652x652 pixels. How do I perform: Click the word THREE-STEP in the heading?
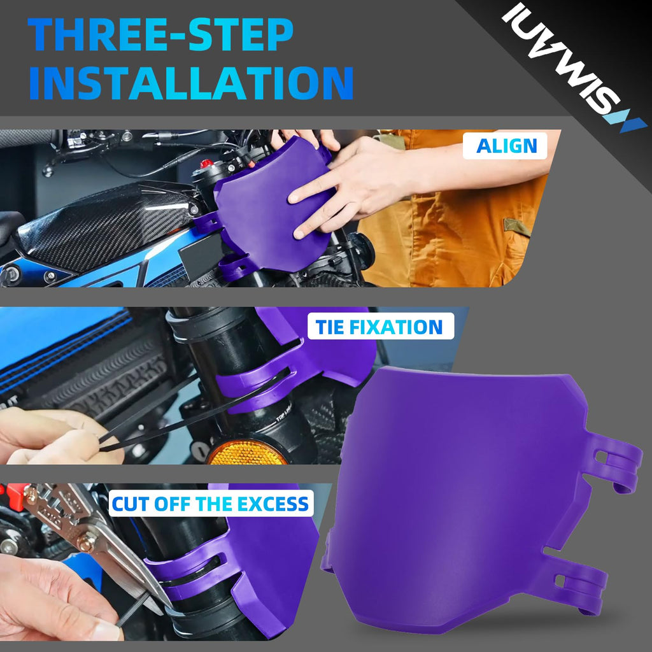click(160, 34)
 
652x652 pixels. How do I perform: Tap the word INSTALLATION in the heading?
click(191, 83)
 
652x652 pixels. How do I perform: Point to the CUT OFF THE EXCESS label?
click(210, 504)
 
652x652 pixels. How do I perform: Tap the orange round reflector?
click(248, 453)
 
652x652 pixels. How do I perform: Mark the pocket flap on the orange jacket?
click(517, 226)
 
